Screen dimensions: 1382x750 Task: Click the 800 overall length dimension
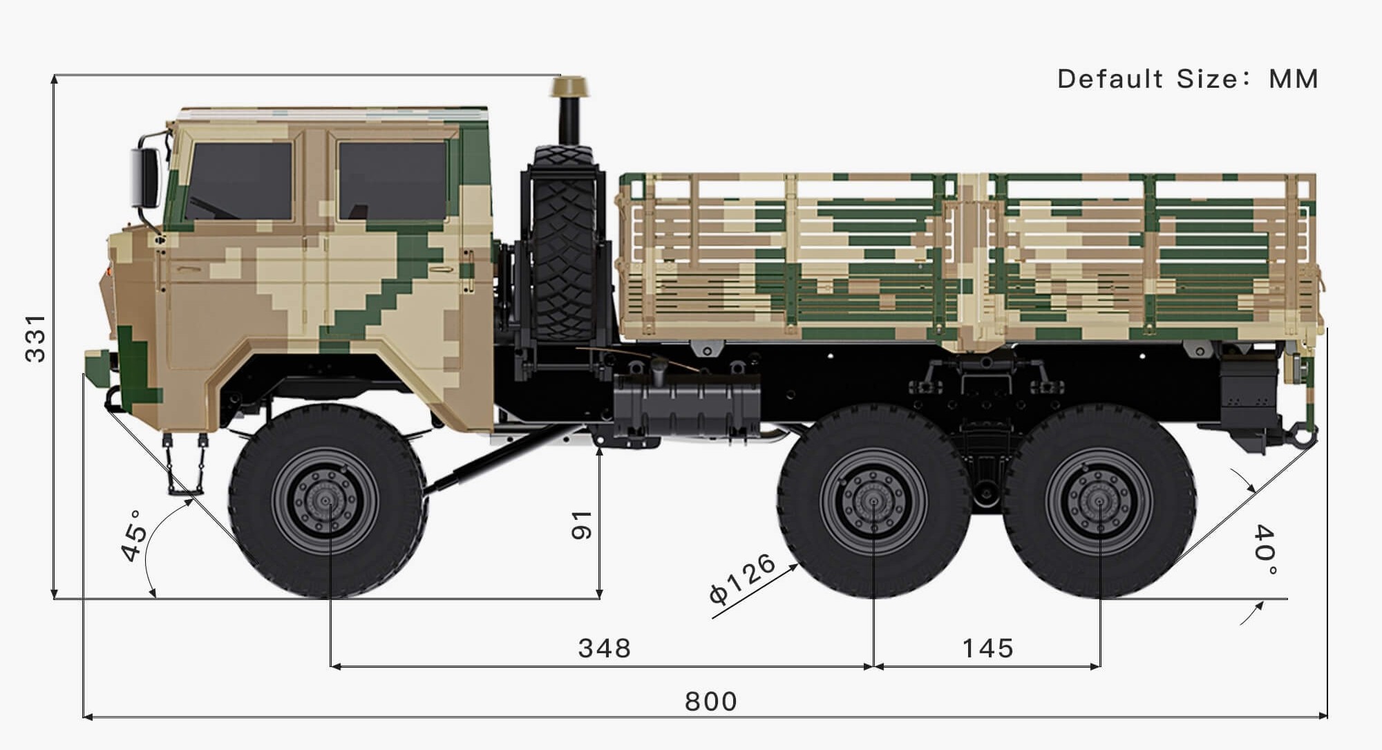[x=711, y=702]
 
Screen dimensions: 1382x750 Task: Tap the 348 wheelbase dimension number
[x=605, y=648]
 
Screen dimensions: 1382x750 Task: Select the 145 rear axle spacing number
[x=988, y=648]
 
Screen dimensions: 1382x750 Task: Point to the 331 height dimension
[x=35, y=338]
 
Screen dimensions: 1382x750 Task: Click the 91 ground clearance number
[x=582, y=525]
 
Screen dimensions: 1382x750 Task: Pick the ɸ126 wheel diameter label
[x=744, y=579]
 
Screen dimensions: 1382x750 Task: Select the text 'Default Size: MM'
[x=1188, y=79]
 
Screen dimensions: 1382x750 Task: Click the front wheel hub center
[x=326, y=500]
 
